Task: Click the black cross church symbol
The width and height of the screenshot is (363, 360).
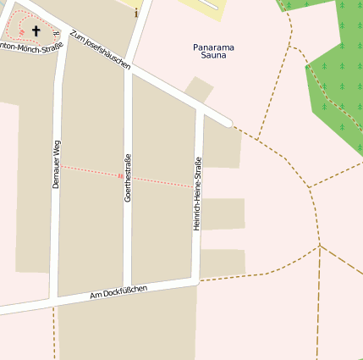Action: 36,31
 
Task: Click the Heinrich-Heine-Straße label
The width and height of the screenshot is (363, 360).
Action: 197,193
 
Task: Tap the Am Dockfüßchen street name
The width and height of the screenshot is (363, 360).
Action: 118,293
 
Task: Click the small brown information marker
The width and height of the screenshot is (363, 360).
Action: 135,14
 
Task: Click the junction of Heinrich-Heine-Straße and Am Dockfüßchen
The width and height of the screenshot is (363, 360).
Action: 195,279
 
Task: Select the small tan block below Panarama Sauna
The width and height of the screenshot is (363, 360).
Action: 199,89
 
